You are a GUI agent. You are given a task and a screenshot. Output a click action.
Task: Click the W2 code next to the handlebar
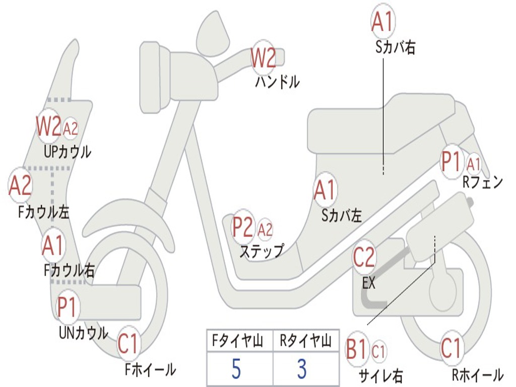point(264,58)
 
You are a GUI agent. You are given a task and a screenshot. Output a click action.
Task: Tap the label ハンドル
point(277,81)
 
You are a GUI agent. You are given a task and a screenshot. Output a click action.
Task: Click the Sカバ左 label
point(342,216)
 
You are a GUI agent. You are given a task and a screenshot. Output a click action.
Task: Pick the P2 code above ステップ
point(243,227)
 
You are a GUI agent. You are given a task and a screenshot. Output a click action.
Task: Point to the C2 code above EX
point(364,257)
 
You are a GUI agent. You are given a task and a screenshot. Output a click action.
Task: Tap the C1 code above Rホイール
point(450,348)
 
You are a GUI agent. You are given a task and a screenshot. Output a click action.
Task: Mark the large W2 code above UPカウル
point(48,126)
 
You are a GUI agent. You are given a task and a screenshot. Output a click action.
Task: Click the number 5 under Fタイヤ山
point(236,369)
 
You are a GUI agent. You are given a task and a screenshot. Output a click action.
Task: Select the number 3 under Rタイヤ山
point(302,369)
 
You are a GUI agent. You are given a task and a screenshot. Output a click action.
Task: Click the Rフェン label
point(483,183)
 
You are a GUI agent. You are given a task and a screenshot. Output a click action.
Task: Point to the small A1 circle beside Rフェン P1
point(474,164)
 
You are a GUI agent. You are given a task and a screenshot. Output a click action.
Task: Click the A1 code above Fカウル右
point(52,245)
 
